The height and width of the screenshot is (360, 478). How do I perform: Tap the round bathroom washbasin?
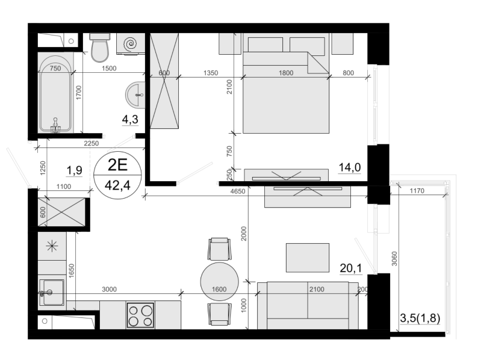(x=135, y=95)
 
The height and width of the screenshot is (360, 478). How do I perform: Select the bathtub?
(x=55, y=93)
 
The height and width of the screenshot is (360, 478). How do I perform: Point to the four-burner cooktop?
(x=140, y=315)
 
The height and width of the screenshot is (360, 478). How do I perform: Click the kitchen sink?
(x=52, y=293)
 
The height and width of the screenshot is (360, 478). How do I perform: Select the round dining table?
(x=219, y=281)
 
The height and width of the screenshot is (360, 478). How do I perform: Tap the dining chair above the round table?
(x=219, y=249)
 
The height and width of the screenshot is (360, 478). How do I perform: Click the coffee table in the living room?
(x=308, y=258)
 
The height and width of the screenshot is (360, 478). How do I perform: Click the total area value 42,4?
(x=117, y=185)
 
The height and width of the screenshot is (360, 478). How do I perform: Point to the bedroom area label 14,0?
(x=350, y=167)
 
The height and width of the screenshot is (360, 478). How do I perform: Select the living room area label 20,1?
(x=351, y=268)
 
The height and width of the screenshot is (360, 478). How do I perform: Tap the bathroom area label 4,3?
(x=130, y=119)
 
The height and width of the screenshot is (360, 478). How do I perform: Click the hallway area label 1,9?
(x=75, y=170)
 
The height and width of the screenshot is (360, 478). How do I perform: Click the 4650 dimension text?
(x=237, y=191)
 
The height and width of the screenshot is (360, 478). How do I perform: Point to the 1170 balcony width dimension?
(x=417, y=191)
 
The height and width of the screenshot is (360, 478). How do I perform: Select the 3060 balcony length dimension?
(x=394, y=258)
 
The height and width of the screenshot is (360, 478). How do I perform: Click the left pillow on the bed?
(x=265, y=45)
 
